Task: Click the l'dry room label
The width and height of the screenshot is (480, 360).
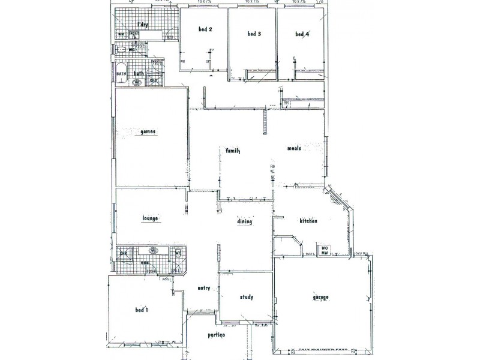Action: (x=142, y=25)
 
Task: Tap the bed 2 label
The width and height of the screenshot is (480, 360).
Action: (x=205, y=29)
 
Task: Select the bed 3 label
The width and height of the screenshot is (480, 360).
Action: (x=254, y=34)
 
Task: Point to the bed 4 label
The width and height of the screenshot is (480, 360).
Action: (x=302, y=34)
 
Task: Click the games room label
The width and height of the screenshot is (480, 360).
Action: (x=148, y=131)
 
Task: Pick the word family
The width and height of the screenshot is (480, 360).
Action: (x=233, y=151)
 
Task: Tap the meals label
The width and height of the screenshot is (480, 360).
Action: (x=294, y=148)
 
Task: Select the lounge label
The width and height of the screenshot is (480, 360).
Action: (x=150, y=218)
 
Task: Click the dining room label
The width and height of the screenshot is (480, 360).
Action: (x=244, y=221)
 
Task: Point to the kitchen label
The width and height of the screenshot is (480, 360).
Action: (x=308, y=221)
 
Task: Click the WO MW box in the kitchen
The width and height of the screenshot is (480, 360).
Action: (x=324, y=251)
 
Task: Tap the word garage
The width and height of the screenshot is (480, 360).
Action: (x=320, y=297)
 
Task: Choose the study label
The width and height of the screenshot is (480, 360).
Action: (x=246, y=296)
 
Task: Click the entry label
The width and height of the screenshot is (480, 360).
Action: (x=204, y=288)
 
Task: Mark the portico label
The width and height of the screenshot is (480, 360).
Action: (x=216, y=335)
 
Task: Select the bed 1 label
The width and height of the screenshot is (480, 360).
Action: (x=142, y=310)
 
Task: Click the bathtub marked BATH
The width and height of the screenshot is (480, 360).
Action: (x=121, y=74)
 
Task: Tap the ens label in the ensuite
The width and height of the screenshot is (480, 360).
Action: (x=145, y=263)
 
